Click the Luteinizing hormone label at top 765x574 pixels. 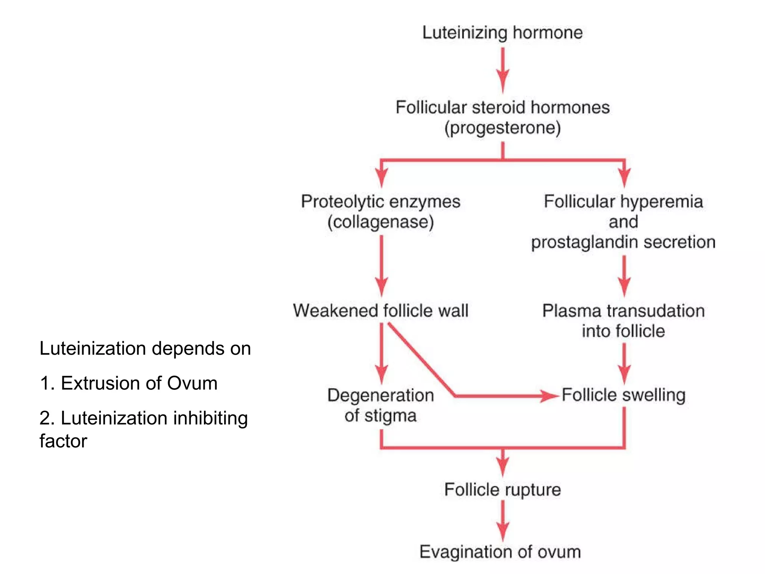(x=502, y=33)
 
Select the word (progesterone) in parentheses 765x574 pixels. (x=502, y=128)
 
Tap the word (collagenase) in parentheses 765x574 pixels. (x=381, y=222)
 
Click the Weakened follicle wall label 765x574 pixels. (x=381, y=311)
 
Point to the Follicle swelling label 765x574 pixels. (x=623, y=395)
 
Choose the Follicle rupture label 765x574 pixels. (x=502, y=490)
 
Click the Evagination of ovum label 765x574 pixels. (x=500, y=552)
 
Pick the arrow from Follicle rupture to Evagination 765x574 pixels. (x=503, y=520)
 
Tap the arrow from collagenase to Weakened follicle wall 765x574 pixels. (x=381, y=265)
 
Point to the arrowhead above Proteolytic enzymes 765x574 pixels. (x=381, y=178)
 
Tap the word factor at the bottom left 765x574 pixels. (x=63, y=441)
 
